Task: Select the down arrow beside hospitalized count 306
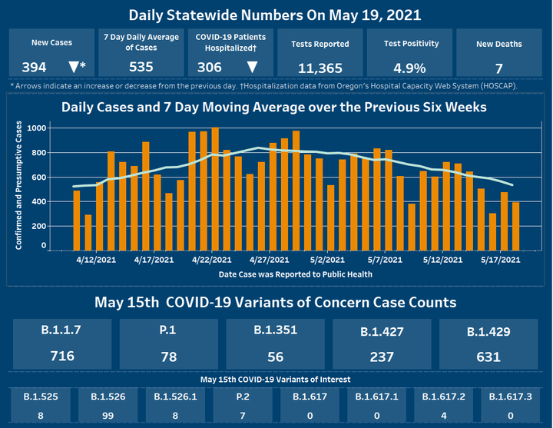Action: (x=251, y=67)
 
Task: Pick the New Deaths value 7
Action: (x=499, y=67)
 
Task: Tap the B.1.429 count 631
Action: (x=488, y=357)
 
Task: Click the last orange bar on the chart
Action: (x=516, y=226)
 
